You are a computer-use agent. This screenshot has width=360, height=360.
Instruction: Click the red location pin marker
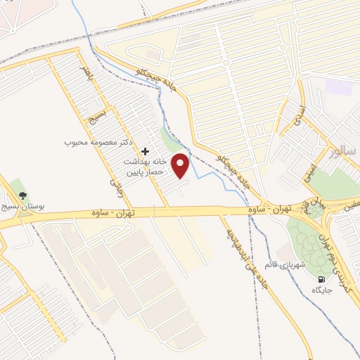(181, 165)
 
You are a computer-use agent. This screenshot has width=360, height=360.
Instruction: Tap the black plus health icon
(145, 151)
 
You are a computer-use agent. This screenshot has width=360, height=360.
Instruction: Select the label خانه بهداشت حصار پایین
(144, 167)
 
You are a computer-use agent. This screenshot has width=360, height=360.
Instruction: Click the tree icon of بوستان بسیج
(23, 195)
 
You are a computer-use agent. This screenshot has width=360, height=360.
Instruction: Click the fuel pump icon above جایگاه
(321, 278)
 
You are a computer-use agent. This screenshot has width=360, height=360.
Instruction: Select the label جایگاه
(321, 290)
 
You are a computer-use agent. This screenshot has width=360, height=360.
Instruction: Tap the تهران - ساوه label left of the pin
(114, 212)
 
